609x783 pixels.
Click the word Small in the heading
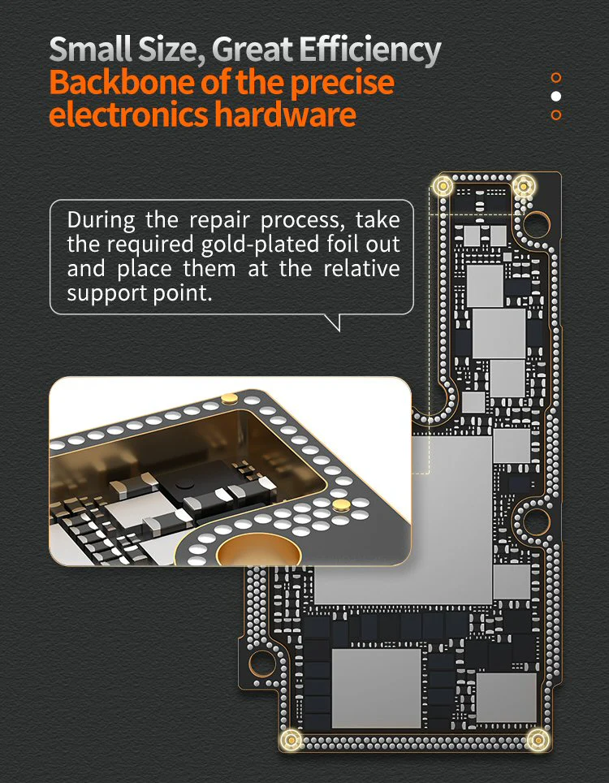[91, 50]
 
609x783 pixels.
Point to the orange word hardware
[286, 115]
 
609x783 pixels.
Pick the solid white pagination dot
[555, 96]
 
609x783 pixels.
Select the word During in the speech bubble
[101, 220]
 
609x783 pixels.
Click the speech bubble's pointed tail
[335, 323]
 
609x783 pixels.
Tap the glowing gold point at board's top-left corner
[443, 186]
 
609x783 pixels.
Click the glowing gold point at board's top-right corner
[523, 186]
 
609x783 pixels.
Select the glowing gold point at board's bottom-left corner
[291, 739]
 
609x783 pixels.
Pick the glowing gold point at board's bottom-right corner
[538, 739]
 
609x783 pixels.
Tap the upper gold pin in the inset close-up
[229, 398]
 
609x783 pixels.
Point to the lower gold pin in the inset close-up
[341, 505]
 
